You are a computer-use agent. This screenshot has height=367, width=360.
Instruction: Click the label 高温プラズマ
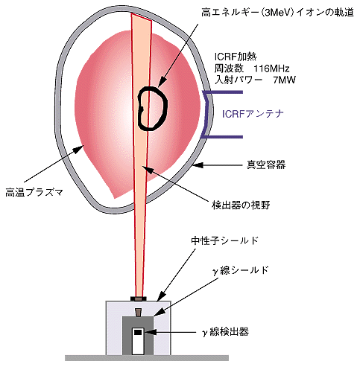pyautogui.click(x=34, y=192)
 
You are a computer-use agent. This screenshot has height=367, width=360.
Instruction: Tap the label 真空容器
pyautogui.click(x=266, y=165)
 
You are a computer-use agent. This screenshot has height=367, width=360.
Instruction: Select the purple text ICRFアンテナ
pyautogui.click(x=253, y=114)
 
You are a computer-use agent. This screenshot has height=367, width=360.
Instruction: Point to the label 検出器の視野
pyautogui.click(x=241, y=205)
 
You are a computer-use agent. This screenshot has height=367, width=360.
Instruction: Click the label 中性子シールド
pyautogui.click(x=225, y=240)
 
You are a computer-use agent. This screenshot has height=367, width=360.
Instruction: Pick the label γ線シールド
pyautogui.click(x=241, y=270)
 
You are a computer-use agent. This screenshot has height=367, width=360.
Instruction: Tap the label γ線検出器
pyautogui.click(x=225, y=331)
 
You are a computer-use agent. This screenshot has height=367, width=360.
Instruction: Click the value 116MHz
pyautogui.click(x=271, y=68)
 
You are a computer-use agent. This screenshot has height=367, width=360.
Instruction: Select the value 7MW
pyautogui.click(x=284, y=80)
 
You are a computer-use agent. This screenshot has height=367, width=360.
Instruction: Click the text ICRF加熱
pyautogui.click(x=236, y=57)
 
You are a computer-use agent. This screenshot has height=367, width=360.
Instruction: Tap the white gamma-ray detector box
pyautogui.click(x=138, y=341)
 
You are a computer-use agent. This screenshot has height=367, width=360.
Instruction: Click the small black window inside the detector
pyautogui.click(x=138, y=332)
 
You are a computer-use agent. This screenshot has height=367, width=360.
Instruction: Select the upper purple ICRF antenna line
pyautogui.click(x=223, y=92)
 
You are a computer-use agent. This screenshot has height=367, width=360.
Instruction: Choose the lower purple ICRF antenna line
pyautogui.click(x=222, y=137)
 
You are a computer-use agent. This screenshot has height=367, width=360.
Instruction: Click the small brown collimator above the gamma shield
pyautogui.click(x=138, y=313)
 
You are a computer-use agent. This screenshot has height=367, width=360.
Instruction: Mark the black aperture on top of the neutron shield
pyautogui.click(x=139, y=299)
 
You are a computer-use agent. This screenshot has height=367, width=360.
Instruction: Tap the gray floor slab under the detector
pyautogui.click(x=147, y=358)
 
